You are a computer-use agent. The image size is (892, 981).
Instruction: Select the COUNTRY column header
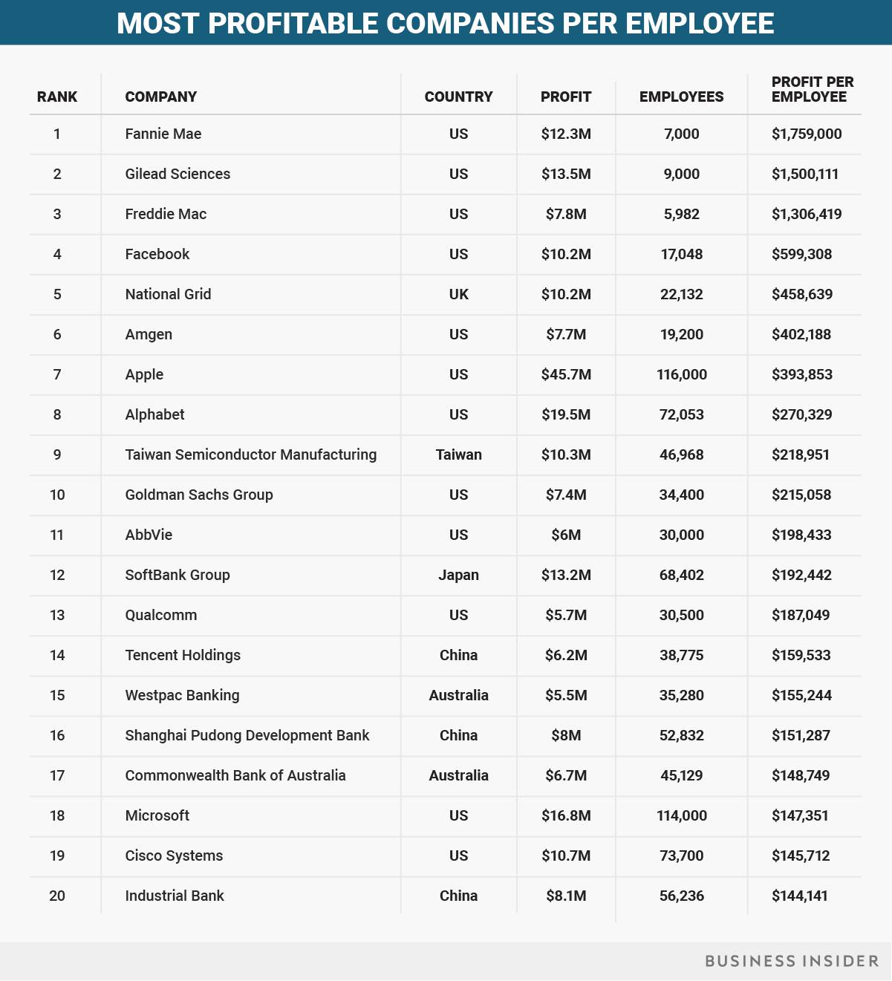pos(458,97)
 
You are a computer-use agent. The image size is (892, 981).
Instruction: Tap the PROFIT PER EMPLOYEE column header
pos(812,89)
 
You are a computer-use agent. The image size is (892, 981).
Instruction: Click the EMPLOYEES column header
pos(681,97)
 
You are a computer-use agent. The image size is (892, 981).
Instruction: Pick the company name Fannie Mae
pos(163,134)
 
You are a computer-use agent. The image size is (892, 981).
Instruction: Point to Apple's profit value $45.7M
pos(566,374)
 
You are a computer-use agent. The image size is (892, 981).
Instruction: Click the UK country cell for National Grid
pos(458,294)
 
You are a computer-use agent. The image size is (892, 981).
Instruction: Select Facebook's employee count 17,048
pos(681,254)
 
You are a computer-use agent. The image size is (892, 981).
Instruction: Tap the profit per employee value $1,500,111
pos(804,174)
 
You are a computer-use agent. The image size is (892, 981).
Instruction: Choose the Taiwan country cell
pos(458,454)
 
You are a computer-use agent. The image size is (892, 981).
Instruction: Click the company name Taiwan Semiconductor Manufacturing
pos(250,454)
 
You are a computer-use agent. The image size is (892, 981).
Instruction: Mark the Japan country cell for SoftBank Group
pos(458,575)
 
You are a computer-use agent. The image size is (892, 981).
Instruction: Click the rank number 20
pos(57,896)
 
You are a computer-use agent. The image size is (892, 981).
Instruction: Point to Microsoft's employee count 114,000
pos(681,815)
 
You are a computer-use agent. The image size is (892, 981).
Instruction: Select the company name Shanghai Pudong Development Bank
pos(247,735)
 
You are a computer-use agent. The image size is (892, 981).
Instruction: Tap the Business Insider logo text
pos(791,961)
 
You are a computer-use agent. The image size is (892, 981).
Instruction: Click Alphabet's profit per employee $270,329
pos(801,414)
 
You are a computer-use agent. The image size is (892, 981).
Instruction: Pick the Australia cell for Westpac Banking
pos(458,695)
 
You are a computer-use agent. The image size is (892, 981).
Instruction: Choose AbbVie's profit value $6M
pos(566,535)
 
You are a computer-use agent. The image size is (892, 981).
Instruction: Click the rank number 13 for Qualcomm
pos(57,615)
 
